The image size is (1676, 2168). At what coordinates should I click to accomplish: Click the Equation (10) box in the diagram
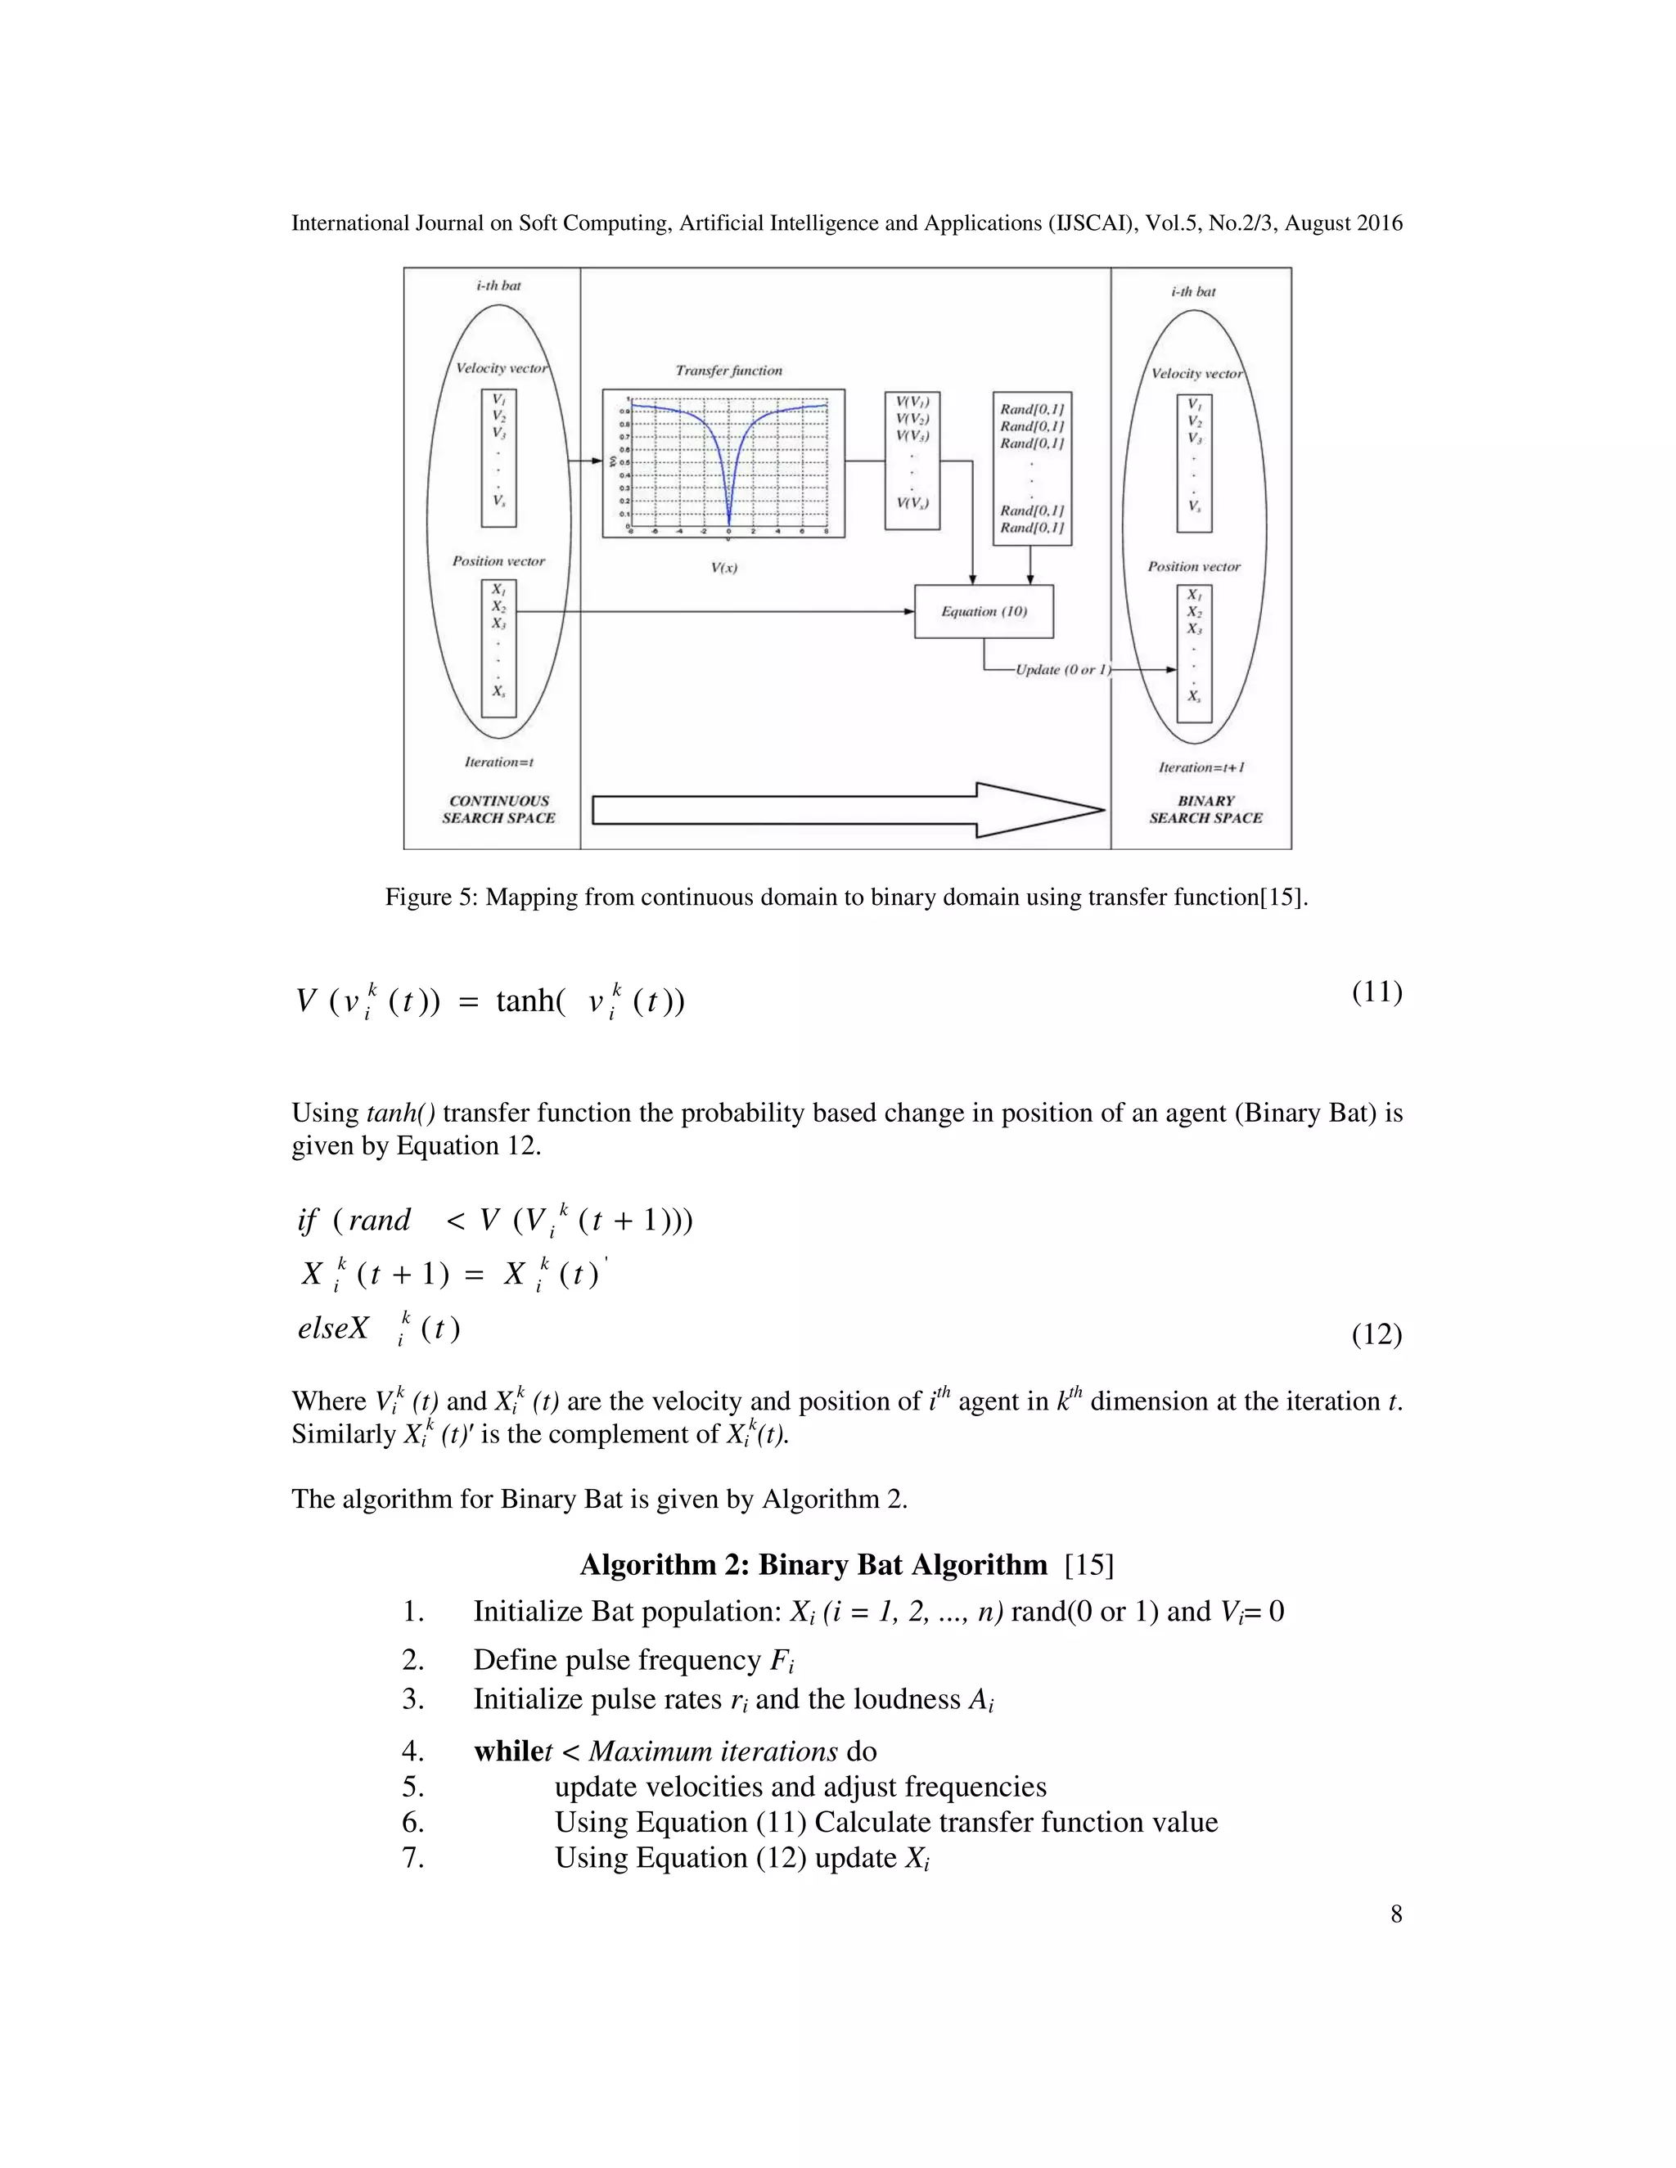coord(983,611)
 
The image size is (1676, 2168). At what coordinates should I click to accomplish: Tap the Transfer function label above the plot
coord(729,371)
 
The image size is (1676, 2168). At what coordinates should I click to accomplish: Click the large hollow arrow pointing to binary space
coord(848,810)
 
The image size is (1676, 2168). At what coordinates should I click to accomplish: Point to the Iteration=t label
coord(498,762)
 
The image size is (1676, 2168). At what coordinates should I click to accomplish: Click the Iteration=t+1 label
coord(1201,767)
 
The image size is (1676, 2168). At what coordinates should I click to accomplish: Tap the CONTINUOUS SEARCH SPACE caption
coord(498,809)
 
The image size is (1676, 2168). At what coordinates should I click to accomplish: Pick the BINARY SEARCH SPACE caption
coord(1205,809)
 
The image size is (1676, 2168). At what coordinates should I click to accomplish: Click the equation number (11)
coord(1376,992)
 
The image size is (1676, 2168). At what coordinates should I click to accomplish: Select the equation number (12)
coord(1376,1334)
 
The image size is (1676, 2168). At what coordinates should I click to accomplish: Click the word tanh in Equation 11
coord(525,1001)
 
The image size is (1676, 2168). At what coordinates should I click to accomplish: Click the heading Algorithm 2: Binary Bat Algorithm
coord(813,1565)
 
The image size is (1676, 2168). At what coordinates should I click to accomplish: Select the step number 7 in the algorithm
coord(413,1857)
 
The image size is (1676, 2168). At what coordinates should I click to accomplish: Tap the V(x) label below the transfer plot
coord(723,568)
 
